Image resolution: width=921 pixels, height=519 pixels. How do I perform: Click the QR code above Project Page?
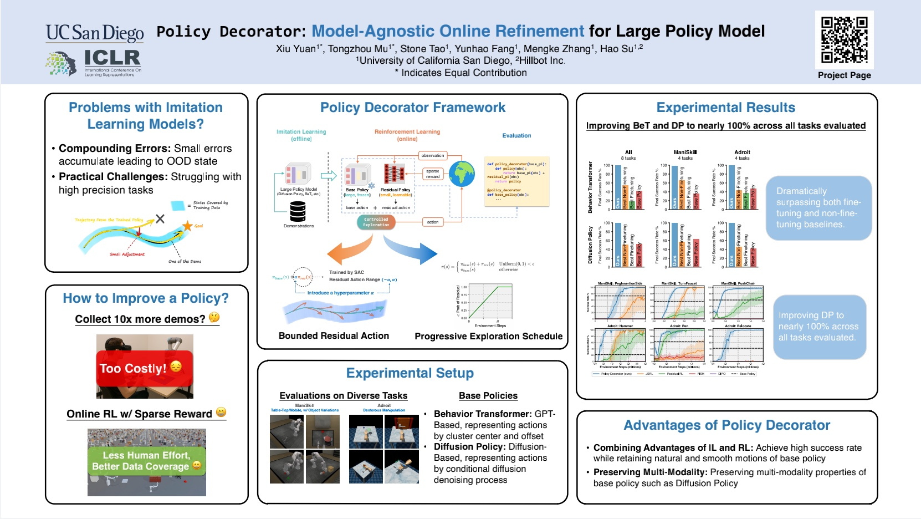844,39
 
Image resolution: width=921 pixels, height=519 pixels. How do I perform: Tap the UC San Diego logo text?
95,33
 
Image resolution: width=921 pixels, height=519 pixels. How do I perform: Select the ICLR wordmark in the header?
112,58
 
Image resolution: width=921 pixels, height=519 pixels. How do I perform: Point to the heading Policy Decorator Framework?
412,108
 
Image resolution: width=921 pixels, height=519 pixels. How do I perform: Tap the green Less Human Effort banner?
147,461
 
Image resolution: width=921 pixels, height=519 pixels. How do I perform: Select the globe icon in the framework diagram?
462,174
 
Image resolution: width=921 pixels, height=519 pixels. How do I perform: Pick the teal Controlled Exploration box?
376,222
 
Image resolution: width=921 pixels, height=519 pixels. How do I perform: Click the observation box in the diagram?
432,155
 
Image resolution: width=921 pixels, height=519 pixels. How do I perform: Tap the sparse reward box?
432,174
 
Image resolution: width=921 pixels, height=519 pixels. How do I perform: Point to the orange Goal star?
187,226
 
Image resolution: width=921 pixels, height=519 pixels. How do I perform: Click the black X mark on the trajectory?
160,218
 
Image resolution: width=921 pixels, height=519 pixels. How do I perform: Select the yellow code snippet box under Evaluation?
516,181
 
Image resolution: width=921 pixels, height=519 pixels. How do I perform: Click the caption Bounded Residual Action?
334,335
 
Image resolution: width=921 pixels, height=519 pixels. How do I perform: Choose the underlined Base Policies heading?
488,395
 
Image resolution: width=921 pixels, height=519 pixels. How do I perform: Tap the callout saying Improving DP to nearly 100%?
818,327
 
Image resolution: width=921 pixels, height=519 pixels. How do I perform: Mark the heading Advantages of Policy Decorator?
726,425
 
